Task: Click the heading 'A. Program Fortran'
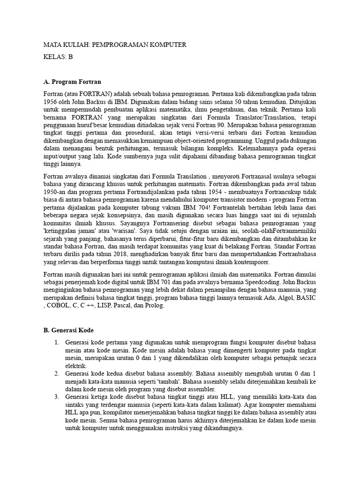tap(72, 82)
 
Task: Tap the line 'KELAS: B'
tap(58, 57)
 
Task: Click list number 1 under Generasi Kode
tap(56, 342)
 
